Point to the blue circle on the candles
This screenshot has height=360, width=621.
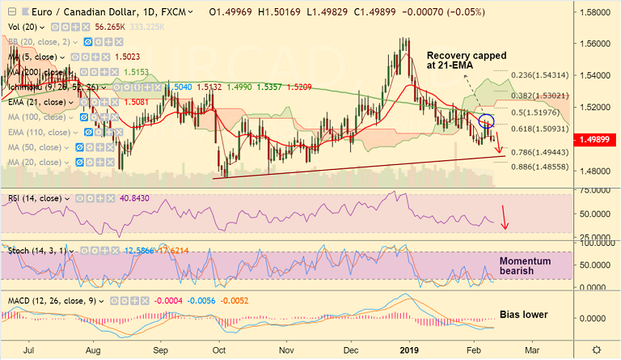487,122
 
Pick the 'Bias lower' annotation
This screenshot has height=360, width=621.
525,314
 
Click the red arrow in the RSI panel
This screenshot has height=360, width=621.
505,217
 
